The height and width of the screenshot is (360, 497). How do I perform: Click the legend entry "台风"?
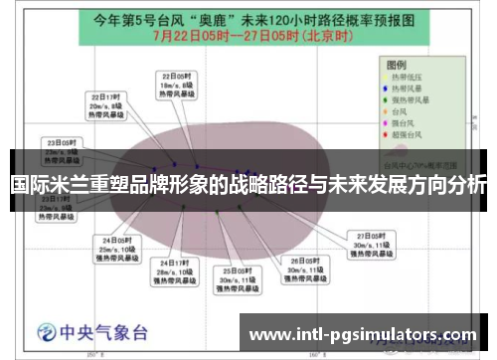point(404,111)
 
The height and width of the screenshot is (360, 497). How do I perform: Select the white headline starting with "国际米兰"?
point(248,185)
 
